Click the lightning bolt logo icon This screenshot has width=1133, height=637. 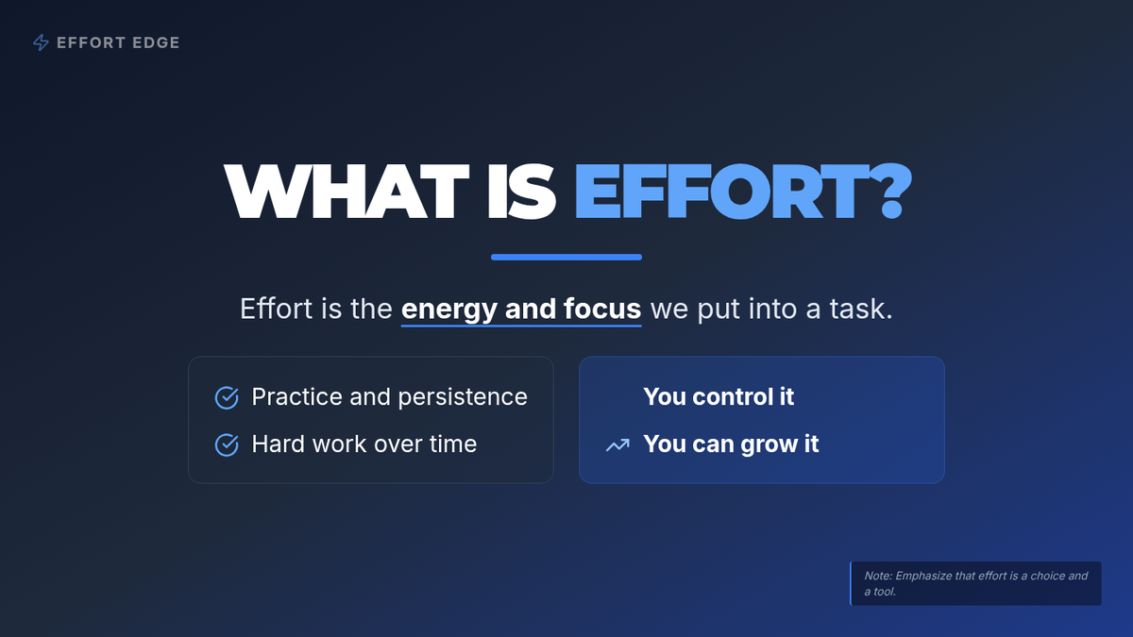pos(41,42)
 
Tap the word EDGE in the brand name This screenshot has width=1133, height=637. pos(156,43)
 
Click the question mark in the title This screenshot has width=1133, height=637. pos(890,191)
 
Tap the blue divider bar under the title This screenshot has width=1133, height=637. pos(566,257)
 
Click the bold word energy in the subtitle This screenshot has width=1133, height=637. pos(448,310)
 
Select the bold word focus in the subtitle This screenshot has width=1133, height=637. pos(602,309)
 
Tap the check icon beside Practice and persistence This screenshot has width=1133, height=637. pos(227,397)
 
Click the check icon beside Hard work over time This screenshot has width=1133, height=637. pos(227,444)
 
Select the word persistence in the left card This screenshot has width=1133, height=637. pos(463,397)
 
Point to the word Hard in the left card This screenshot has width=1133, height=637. pos(277,444)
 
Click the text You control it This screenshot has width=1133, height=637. pos(719,396)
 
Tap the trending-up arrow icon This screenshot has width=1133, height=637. pos(618,444)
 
